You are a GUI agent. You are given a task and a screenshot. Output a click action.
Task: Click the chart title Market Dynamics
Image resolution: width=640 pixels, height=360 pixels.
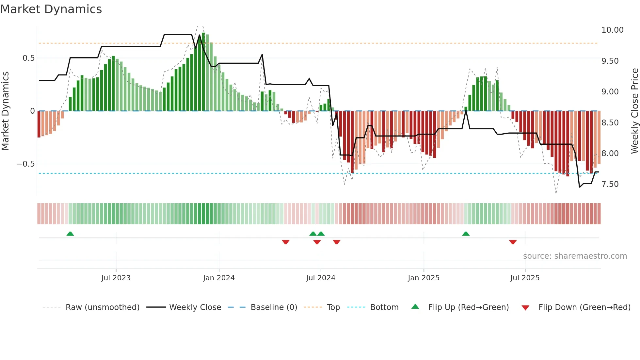point(51,9)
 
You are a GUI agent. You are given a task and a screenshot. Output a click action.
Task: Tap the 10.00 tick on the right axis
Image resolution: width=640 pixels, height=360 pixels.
point(612,30)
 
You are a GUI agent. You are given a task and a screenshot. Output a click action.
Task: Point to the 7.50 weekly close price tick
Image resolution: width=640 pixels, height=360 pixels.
point(610,184)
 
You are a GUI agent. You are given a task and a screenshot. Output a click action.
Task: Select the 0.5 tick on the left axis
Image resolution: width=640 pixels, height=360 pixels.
point(28,58)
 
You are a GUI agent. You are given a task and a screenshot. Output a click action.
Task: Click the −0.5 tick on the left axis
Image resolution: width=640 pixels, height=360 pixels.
point(25,164)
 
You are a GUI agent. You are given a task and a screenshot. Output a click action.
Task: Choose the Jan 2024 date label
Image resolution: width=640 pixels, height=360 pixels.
point(218,278)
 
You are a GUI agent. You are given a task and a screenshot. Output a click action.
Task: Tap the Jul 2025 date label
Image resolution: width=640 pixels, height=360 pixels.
point(525,278)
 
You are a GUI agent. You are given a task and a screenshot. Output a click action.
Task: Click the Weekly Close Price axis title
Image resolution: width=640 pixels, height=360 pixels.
point(634,111)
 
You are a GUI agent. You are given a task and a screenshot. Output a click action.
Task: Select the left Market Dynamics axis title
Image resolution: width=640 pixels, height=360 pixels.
point(5,111)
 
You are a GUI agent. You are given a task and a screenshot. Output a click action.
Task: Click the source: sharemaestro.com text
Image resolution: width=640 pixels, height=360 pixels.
point(575,256)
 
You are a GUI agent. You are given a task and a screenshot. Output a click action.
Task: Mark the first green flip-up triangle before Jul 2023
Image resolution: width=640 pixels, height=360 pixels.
point(70,234)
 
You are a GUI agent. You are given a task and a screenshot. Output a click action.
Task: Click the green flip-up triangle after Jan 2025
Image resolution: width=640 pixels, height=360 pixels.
point(466,234)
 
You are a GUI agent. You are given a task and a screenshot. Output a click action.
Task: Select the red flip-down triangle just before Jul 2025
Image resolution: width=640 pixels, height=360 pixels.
point(513,242)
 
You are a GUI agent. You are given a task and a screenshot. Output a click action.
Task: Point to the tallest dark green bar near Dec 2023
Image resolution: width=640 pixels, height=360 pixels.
point(203,72)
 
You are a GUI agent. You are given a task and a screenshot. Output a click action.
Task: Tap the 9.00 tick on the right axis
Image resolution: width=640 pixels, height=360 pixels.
point(610,92)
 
